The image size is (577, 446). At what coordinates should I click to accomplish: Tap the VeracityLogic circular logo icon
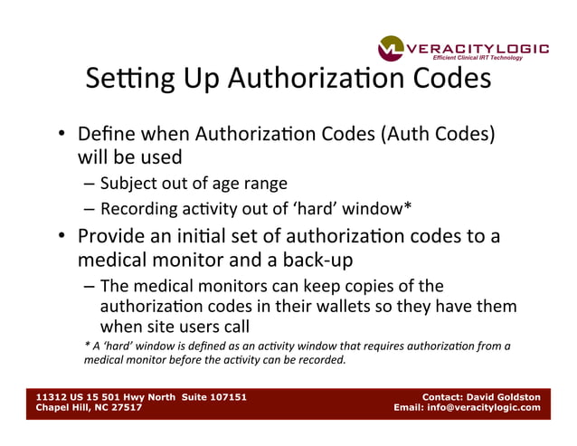393,49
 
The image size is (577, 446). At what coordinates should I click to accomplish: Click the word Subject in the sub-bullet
128,183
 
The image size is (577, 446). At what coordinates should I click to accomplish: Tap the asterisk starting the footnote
87,344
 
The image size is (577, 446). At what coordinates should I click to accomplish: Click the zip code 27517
124,407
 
